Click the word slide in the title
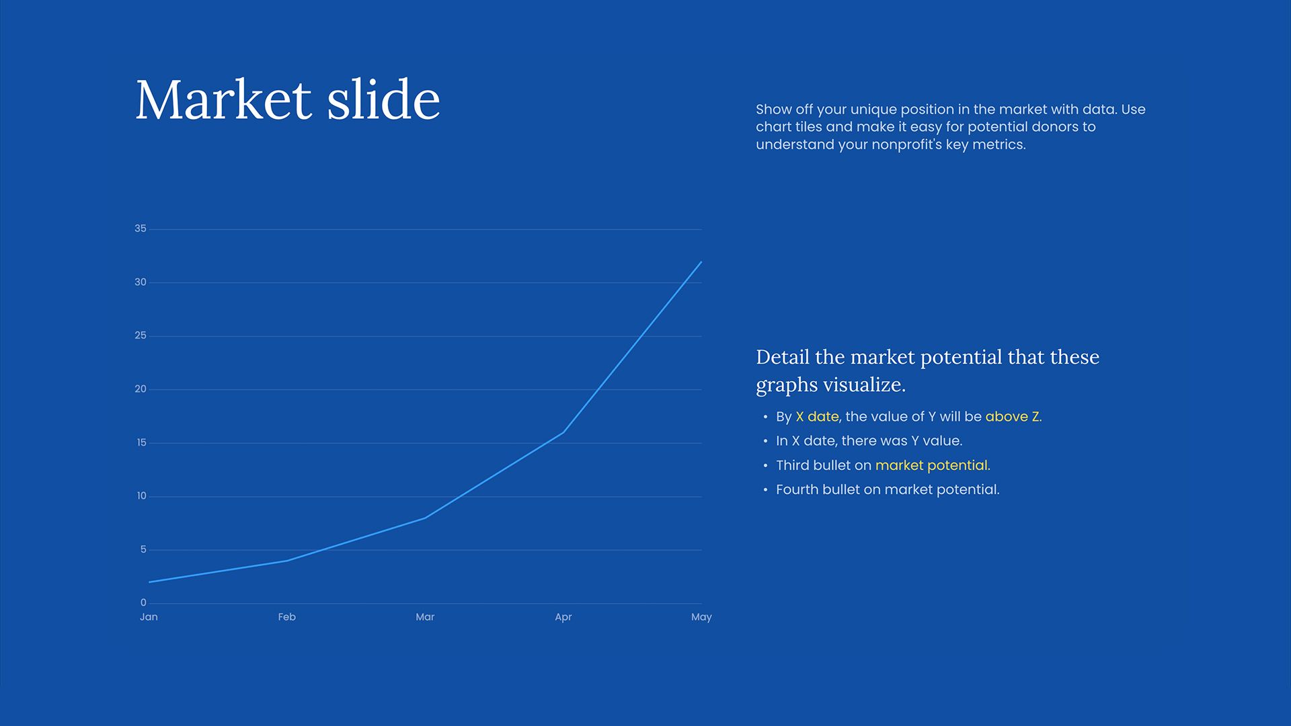[383, 100]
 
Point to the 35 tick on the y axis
[140, 229]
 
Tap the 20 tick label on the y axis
[140, 389]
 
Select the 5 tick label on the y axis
[143, 550]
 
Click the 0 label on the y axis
[143, 603]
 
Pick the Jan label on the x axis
[149, 617]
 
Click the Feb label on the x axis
[287, 617]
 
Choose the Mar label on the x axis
[425, 617]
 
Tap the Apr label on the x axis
[563, 617]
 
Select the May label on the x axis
[701, 617]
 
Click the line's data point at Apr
[563, 432]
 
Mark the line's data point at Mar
[425, 518]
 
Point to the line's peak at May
[701, 262]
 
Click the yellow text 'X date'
[817, 417]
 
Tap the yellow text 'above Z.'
[1013, 417]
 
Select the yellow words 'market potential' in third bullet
[932, 465]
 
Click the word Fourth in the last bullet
[797, 490]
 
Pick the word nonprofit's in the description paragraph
[907, 145]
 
